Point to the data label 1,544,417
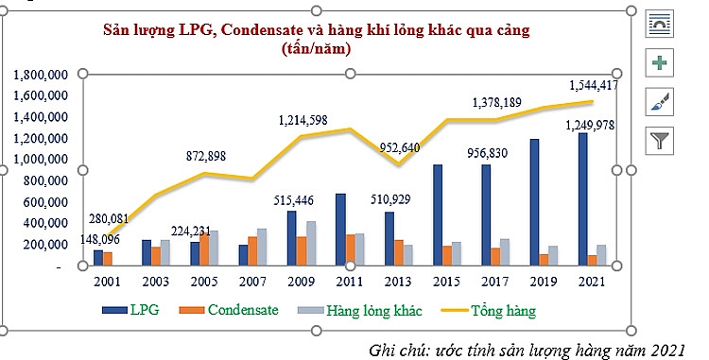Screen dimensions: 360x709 coord(594,85)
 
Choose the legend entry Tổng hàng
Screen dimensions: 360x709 coord(506,309)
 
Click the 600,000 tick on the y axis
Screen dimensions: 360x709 coord(45,202)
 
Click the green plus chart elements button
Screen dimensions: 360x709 coord(659,63)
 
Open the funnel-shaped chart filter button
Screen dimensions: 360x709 coord(659,141)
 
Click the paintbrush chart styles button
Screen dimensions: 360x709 coord(659,102)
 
